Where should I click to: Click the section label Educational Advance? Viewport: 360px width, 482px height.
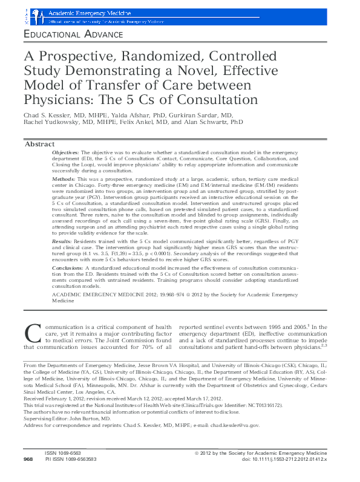73,35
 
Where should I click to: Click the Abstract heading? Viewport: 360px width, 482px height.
39,145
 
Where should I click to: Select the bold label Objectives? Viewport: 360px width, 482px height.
66,154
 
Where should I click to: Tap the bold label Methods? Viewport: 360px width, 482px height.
64,180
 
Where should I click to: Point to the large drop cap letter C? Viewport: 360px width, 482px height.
32,333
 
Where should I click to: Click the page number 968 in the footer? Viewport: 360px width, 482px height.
28,477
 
